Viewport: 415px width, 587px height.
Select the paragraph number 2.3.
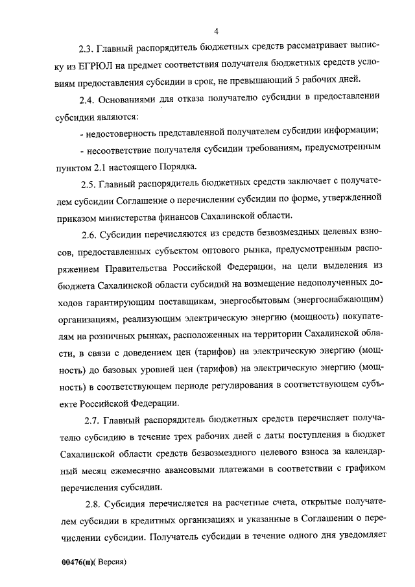[x=86, y=47]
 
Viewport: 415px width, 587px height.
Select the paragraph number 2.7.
[x=93, y=419]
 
